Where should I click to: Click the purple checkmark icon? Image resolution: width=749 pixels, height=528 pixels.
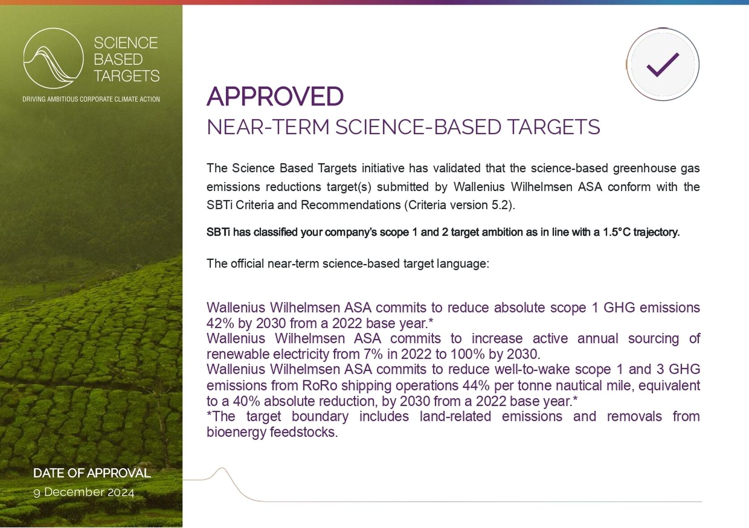[663, 64]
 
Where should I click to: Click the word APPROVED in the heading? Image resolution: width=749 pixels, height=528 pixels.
[275, 97]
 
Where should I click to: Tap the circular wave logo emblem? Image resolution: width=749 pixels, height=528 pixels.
[53, 58]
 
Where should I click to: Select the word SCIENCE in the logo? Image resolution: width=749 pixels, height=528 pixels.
[126, 43]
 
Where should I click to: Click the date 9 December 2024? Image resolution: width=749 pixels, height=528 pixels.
[84, 492]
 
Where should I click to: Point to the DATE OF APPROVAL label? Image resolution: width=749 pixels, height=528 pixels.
[92, 473]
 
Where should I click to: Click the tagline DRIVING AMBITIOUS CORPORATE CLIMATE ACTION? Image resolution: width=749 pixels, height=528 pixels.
[91, 99]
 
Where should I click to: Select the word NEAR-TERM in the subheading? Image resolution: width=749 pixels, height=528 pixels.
[268, 127]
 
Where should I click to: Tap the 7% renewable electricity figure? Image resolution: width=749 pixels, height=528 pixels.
[373, 354]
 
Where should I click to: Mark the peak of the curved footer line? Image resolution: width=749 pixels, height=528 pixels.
[222, 468]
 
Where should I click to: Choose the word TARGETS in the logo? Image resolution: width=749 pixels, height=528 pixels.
[127, 76]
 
